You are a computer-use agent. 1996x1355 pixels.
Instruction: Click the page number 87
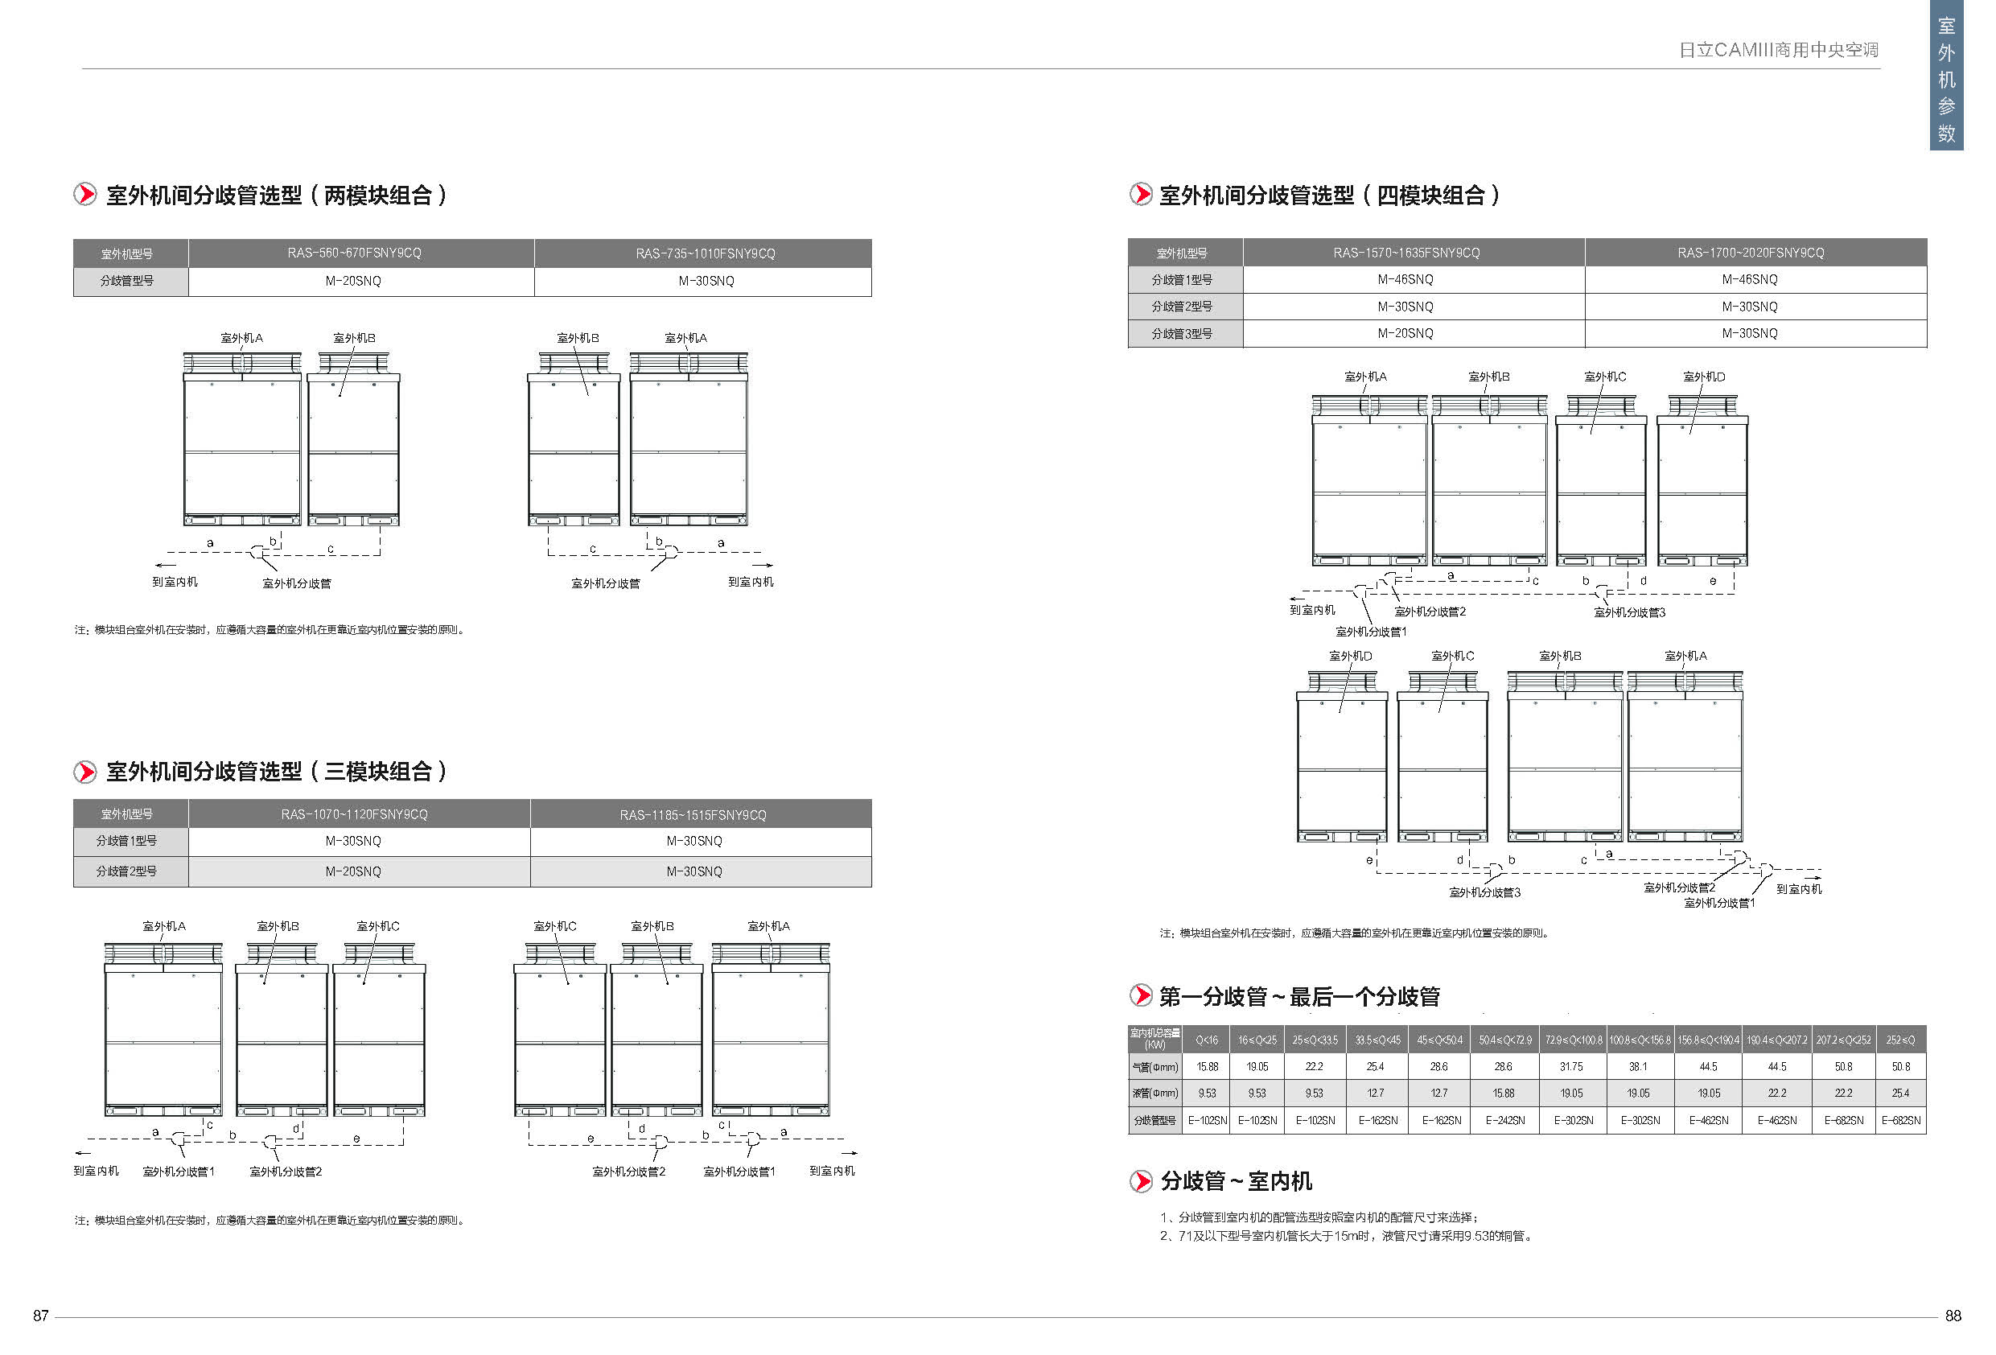[x=40, y=1316]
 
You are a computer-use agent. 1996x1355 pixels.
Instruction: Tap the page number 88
[x=1953, y=1316]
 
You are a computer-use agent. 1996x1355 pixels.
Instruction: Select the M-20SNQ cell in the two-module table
[x=353, y=281]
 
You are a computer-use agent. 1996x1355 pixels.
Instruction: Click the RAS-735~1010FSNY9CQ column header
[x=705, y=253]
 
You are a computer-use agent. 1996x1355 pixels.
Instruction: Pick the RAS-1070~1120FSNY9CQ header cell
[x=354, y=813]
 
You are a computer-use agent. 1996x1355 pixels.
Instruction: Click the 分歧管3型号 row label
[x=1182, y=333]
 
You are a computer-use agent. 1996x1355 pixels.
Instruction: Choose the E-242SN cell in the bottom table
[x=1504, y=1120]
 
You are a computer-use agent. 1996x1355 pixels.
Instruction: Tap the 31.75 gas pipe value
[x=1572, y=1066]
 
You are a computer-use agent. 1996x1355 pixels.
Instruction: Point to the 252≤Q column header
[x=1901, y=1040]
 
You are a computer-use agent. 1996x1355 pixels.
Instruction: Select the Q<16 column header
[x=1207, y=1040]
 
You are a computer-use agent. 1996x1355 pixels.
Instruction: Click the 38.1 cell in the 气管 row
[x=1638, y=1066]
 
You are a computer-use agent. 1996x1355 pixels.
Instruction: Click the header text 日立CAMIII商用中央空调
[x=1778, y=50]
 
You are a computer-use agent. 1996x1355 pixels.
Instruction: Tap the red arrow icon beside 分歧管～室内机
[x=1141, y=1181]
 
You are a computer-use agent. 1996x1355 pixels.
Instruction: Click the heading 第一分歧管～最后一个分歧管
[x=1298, y=997]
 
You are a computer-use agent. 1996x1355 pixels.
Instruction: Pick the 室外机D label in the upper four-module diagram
[x=1704, y=377]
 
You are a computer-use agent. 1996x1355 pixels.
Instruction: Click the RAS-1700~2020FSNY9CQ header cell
[x=1751, y=253]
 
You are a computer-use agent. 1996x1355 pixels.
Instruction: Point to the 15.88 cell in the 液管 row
[x=1504, y=1093]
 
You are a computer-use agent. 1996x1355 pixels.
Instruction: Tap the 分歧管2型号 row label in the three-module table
[x=126, y=871]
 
